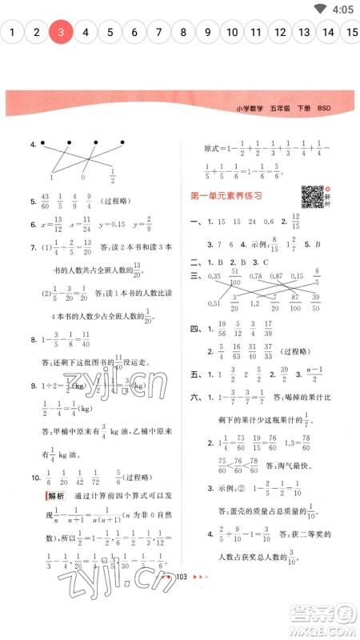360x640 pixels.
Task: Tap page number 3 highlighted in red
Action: tap(61, 33)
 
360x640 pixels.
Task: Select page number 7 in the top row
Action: tap(158, 33)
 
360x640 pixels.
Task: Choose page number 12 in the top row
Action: tap(280, 33)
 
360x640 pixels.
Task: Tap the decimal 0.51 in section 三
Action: tap(214, 303)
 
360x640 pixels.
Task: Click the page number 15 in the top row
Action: tap(353, 33)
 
